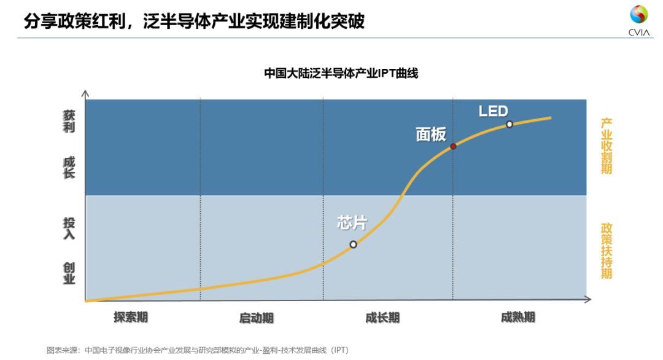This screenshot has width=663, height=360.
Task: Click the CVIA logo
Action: click(x=638, y=20)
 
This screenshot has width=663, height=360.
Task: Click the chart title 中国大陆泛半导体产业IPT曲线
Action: click(x=341, y=73)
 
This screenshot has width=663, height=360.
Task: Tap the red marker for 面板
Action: click(x=453, y=146)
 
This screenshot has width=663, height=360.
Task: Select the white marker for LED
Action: click(x=509, y=124)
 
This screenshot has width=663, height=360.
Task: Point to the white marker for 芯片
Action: click(x=353, y=244)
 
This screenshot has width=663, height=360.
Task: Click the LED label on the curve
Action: click(x=494, y=111)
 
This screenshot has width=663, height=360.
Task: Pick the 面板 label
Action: click(x=431, y=135)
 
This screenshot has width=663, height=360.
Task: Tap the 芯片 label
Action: click(x=352, y=222)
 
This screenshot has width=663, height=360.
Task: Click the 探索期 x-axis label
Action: click(x=130, y=317)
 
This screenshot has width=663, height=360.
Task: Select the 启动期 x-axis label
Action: click(x=256, y=318)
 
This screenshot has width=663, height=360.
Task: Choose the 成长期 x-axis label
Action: click(x=382, y=318)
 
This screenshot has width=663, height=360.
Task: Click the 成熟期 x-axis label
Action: click(x=518, y=317)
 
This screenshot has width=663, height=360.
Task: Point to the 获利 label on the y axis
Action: click(x=69, y=122)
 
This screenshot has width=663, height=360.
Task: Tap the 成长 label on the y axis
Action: click(x=69, y=167)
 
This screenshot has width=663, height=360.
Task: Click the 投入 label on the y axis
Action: click(x=69, y=228)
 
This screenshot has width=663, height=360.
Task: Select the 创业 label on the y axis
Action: click(x=69, y=273)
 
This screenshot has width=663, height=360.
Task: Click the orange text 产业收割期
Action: click(x=606, y=146)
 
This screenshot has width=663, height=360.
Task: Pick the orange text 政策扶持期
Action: click(x=606, y=251)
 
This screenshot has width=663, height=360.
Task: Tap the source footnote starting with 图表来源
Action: click(x=198, y=350)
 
